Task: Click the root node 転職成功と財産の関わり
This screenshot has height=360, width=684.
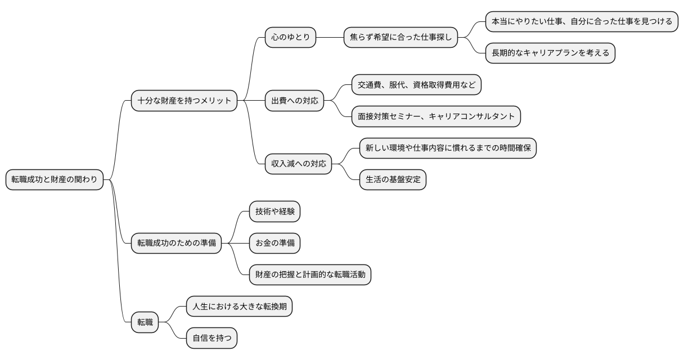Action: (55, 180)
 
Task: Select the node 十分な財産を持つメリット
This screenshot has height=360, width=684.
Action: (184, 101)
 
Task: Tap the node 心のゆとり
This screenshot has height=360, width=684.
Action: (291, 38)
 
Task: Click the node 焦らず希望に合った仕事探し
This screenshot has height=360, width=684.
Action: (400, 38)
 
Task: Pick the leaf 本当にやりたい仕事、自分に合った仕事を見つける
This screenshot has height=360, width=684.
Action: (582, 22)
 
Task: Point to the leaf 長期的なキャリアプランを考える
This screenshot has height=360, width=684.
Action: (550, 53)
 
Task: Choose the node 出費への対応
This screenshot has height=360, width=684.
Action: (295, 101)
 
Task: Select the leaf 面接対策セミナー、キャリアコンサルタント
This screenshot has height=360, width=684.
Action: (436, 116)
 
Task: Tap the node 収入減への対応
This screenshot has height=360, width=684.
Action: (299, 165)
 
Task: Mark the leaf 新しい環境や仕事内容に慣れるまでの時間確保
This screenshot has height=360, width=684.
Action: (448, 148)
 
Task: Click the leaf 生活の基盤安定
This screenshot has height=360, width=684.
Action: (393, 180)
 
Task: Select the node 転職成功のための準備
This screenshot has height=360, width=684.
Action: (176, 244)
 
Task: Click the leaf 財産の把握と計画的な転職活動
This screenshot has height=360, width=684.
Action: (310, 275)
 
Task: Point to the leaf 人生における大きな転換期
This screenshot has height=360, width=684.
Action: (239, 307)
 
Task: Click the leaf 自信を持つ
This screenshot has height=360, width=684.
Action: (211, 339)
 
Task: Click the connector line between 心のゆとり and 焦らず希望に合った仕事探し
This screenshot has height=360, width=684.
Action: (330, 38)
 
